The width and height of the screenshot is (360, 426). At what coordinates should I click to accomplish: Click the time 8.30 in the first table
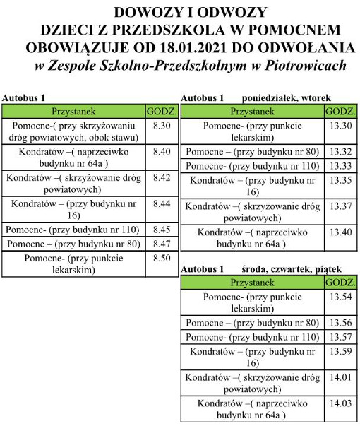pos(162,125)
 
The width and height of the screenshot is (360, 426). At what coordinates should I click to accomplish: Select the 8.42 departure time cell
pos(162,177)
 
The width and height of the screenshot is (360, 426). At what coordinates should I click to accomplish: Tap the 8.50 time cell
pos(162,259)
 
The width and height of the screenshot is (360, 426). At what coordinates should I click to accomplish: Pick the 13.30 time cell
pos(340,125)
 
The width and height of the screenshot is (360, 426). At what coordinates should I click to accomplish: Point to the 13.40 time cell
pos(340,232)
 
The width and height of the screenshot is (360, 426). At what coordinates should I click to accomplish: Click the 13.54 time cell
pos(340,296)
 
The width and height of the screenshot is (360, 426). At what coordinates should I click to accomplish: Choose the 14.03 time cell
pos(340,403)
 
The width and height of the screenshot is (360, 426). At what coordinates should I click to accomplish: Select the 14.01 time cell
pos(340,377)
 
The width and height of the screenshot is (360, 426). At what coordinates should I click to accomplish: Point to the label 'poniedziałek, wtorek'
pos(287,97)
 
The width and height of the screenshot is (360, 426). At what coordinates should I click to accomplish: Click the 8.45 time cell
pos(162,230)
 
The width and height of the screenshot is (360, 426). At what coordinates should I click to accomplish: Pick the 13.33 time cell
pos(340,165)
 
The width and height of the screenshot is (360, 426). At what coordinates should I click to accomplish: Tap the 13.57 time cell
pos(340,336)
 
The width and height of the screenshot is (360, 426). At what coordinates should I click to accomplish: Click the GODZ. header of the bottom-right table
pos(340,282)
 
